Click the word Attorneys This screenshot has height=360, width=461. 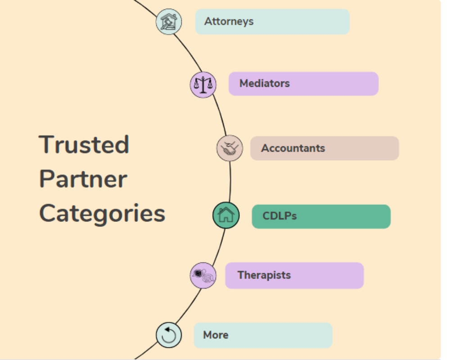[229, 21]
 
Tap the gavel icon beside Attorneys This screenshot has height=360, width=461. [169, 22]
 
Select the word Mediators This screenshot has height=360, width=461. [264, 83]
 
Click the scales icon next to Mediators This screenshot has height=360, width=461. [203, 84]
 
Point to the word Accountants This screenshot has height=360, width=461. [293, 148]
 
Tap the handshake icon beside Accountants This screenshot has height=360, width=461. [230, 148]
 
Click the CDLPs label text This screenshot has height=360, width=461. [280, 216]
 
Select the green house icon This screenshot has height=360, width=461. [226, 215]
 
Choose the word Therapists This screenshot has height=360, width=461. [264, 275]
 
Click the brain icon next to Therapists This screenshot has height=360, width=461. [203, 275]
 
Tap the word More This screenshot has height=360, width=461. [216, 335]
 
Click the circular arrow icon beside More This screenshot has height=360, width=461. [169, 335]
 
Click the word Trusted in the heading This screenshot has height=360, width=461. [84, 144]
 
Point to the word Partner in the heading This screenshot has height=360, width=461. [83, 179]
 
